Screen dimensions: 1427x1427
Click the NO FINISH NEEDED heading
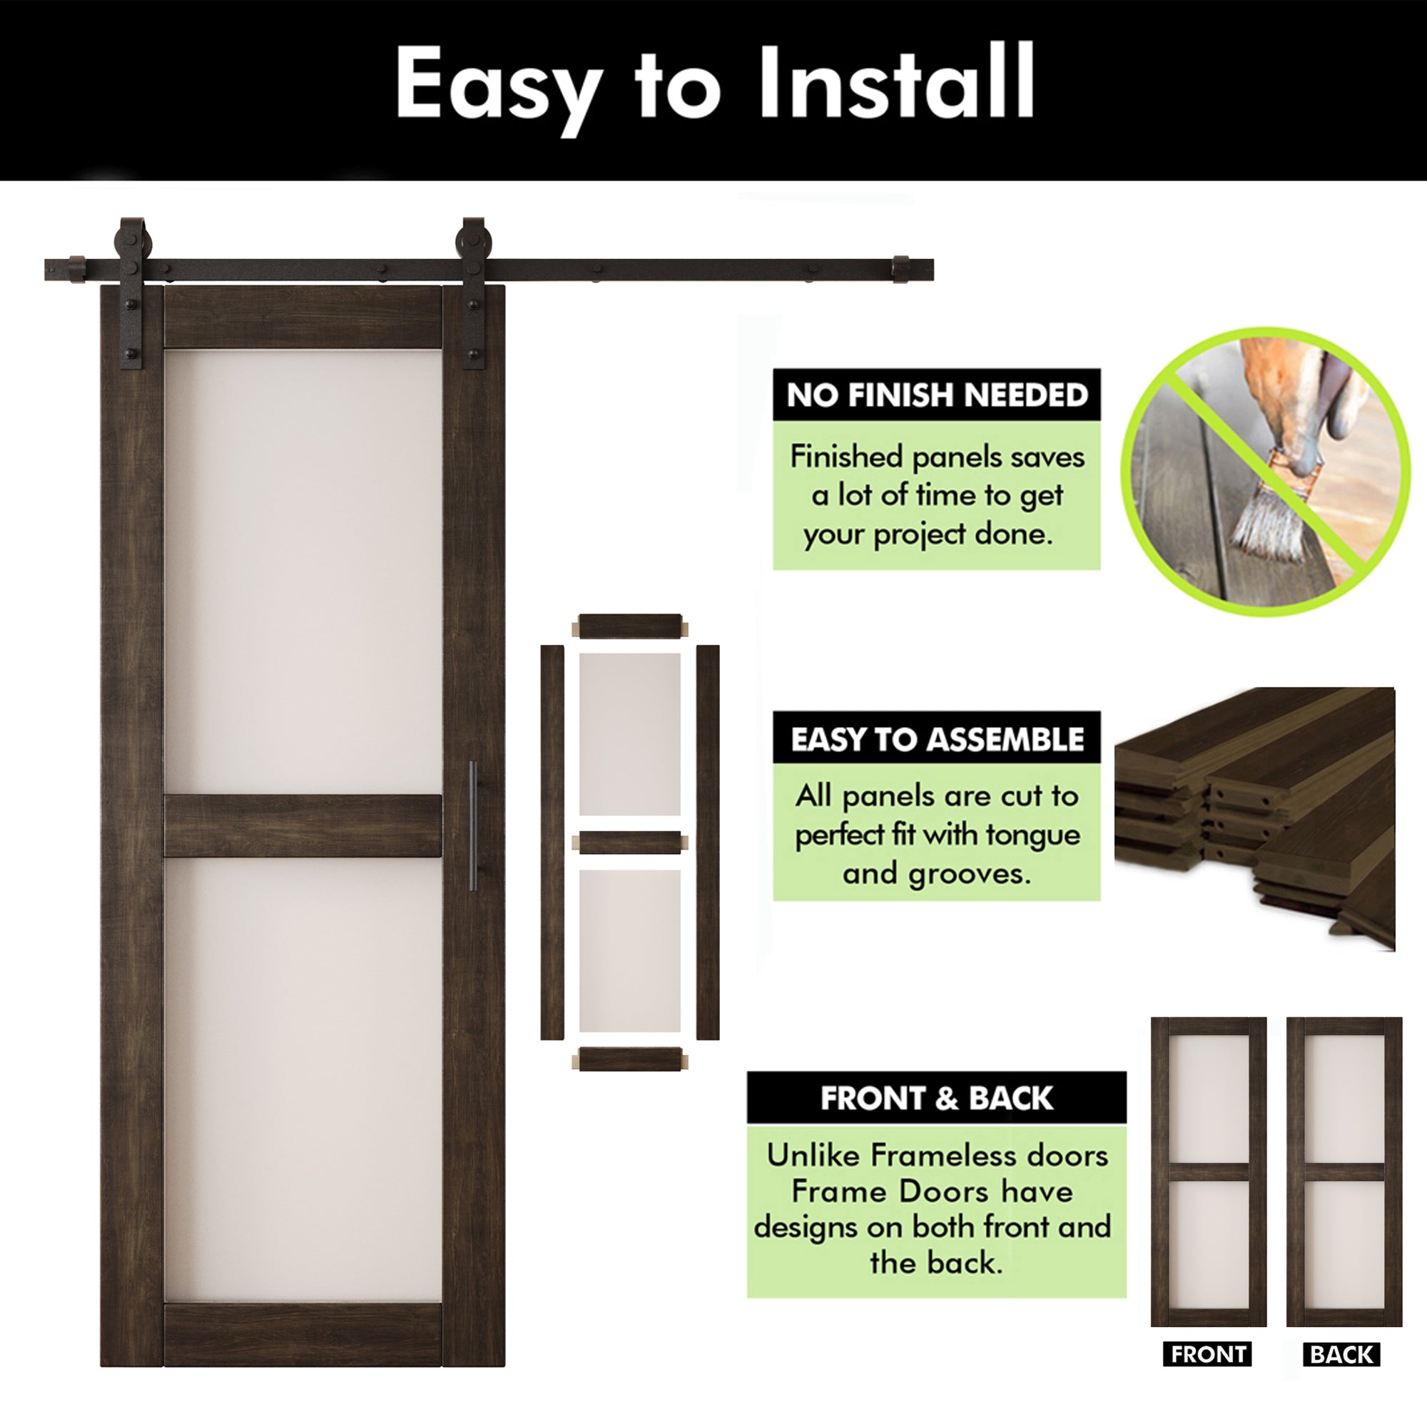(937, 395)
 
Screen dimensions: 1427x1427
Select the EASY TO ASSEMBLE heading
(937, 738)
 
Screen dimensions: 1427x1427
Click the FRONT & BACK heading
(936, 1098)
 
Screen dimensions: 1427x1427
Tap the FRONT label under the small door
(1209, 1354)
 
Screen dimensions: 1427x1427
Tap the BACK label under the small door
(1341, 1354)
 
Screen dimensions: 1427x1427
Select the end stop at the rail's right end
(901, 269)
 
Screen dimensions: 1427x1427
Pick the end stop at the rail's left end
(78, 269)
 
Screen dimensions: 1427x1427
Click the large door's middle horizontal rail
(302, 826)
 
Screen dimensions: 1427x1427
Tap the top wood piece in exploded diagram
(629, 626)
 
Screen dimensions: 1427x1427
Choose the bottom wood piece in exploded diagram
(629, 1059)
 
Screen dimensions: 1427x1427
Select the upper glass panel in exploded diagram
(629, 733)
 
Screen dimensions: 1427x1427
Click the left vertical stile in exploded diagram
(552, 842)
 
